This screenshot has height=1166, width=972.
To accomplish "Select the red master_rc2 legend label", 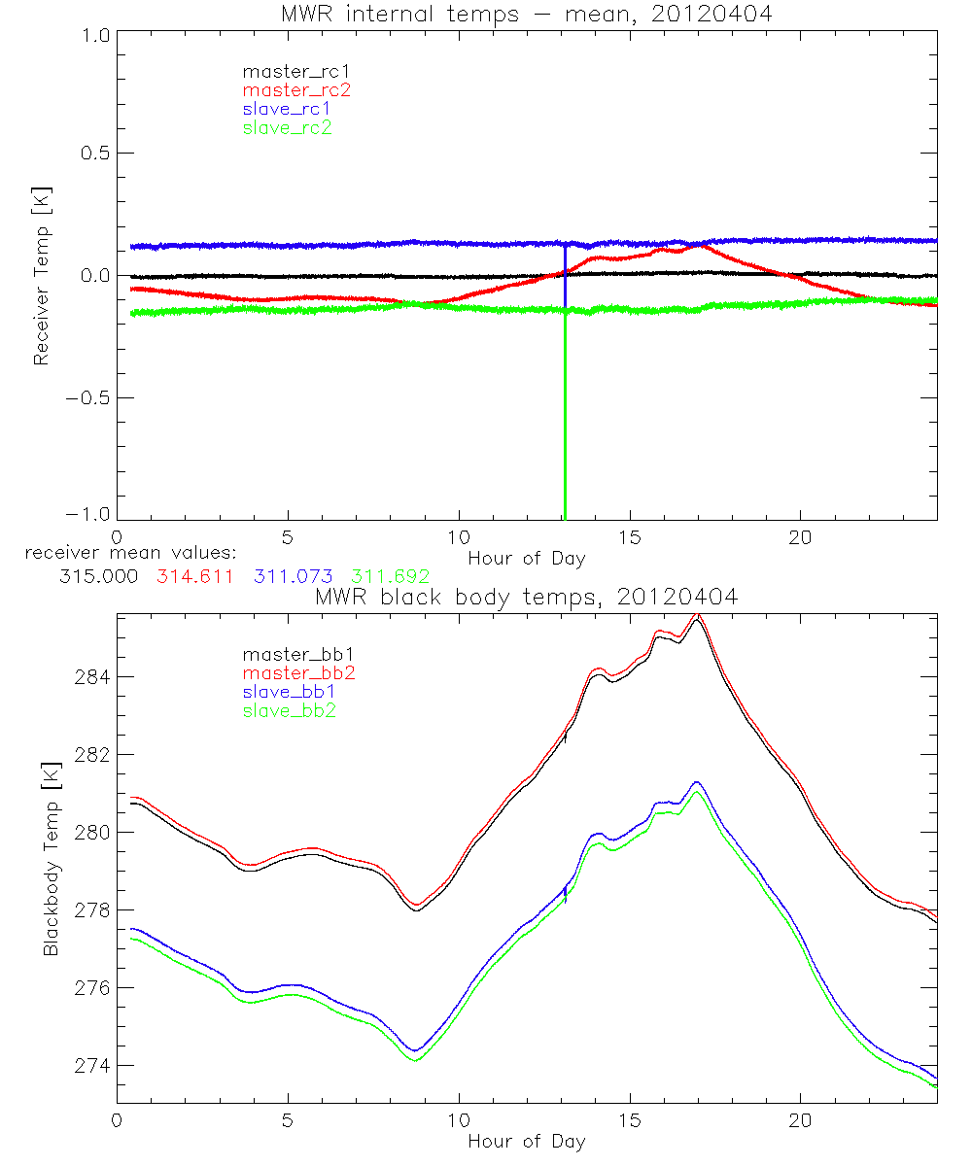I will pos(296,89).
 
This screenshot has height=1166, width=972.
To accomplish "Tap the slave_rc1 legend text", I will pos(287,109).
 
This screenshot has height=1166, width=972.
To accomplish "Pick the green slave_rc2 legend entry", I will pos(287,127).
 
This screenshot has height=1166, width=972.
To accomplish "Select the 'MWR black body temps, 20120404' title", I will pos(526,598).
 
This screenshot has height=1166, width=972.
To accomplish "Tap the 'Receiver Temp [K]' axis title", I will pos(41,276).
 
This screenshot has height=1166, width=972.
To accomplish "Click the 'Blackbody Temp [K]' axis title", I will pos(51,859).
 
